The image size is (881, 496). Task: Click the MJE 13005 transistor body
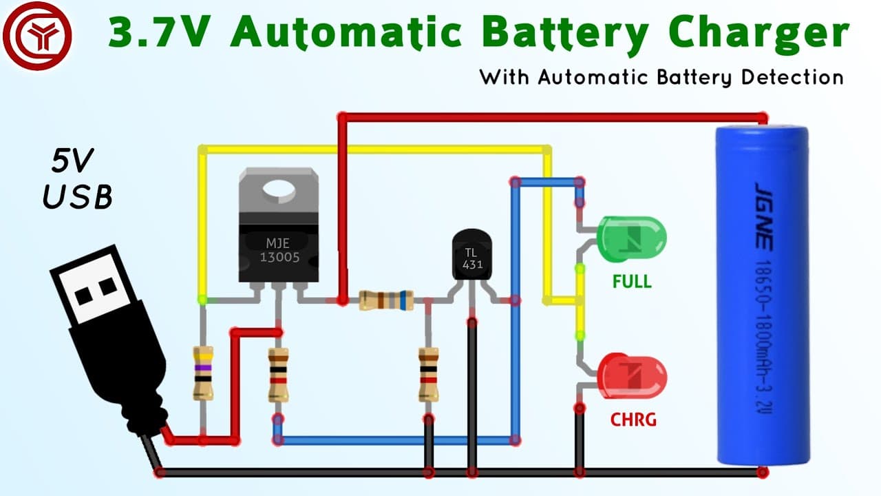279,225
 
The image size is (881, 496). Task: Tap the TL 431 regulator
472,255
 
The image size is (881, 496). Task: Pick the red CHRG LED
632,376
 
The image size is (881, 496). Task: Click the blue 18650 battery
762,296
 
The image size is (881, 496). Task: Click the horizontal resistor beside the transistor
386,300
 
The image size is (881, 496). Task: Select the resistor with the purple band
203,373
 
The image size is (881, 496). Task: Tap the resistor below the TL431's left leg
428,374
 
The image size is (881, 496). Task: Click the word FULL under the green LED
632,282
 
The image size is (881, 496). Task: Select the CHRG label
633,420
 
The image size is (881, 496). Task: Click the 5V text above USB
72,161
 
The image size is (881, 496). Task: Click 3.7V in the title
159,32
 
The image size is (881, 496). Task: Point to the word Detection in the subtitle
792,77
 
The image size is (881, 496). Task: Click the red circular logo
37,36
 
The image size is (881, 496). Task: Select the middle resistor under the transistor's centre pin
279,375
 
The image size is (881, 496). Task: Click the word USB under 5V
78,196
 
